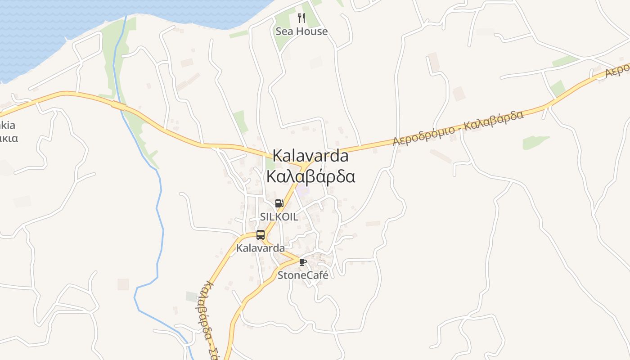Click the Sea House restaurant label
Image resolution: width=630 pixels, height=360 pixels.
(x=301, y=31)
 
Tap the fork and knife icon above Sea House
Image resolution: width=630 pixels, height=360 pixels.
(x=301, y=18)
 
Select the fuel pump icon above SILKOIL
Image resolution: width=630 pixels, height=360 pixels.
(x=279, y=203)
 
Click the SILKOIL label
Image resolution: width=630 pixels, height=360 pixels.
(x=279, y=216)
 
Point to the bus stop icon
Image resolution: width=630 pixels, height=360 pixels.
(x=261, y=234)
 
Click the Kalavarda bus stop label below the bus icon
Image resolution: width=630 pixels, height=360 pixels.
(x=261, y=248)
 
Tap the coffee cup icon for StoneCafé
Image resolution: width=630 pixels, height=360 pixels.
(x=302, y=262)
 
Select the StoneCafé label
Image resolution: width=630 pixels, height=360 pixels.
(x=303, y=275)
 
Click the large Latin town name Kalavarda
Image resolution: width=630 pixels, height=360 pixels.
(x=310, y=156)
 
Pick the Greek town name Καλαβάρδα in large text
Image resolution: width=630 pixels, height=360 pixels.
(x=310, y=176)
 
